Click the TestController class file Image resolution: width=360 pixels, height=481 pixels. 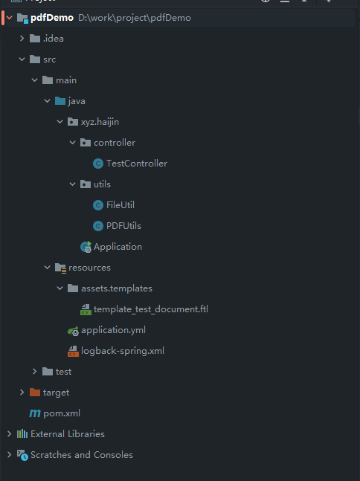pos(137,164)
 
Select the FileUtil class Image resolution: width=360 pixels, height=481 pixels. pos(120,205)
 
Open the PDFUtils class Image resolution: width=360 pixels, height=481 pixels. pos(123,226)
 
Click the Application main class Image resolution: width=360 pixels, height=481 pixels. pos(118,247)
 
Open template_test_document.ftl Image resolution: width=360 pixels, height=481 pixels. pos(151,309)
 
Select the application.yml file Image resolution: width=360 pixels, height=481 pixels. pos(113,330)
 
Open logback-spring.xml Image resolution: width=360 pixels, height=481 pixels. pos(123,351)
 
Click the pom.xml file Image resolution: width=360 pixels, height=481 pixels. pos(62,413)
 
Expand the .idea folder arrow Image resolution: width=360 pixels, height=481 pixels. pos(22,39)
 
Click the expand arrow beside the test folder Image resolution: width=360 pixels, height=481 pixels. pos(34,372)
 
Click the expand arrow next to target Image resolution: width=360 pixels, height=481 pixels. pos(22,393)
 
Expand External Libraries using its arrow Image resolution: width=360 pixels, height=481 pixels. pos(9,433)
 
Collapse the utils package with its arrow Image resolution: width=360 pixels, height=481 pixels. pos(72,184)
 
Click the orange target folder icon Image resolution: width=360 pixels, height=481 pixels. pos(35,392)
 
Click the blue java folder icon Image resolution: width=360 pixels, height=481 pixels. pos(60,100)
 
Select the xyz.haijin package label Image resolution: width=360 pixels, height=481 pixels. pos(100,122)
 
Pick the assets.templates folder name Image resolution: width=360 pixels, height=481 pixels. pos(117,288)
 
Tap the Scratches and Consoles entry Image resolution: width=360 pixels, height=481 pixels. pos(82,455)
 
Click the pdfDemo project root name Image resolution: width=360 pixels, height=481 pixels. pos(52,18)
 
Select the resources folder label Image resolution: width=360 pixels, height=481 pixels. pos(89,268)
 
